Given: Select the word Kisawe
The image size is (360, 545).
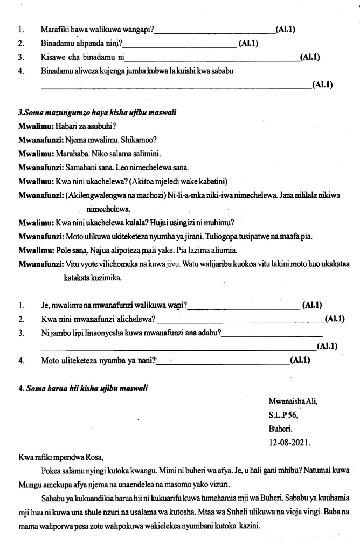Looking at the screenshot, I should pos(54,57).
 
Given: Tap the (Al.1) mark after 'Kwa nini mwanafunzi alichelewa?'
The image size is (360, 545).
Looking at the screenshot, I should pos(335,320).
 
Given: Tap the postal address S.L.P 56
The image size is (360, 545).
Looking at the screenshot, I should pos(283,416).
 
